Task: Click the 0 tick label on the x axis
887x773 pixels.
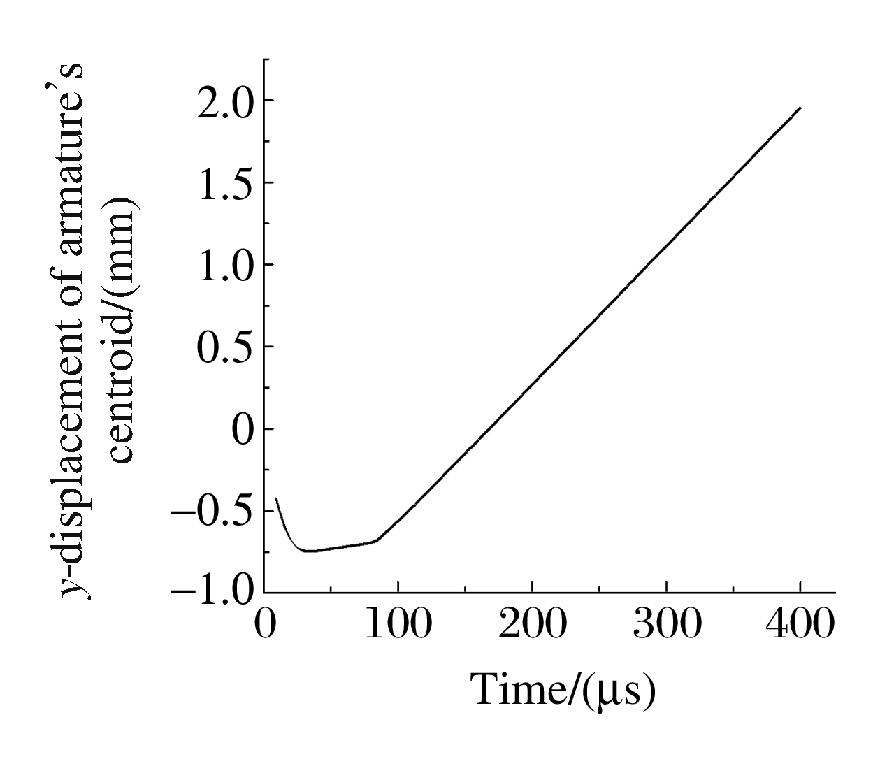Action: (264, 624)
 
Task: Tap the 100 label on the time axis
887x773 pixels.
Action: (398, 624)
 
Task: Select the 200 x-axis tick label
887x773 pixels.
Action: (532, 624)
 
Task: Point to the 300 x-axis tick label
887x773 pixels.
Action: (666, 624)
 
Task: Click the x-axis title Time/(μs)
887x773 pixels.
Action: (563, 691)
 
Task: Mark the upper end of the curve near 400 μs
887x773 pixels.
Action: (800, 108)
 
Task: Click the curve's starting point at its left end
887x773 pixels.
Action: (277, 498)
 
